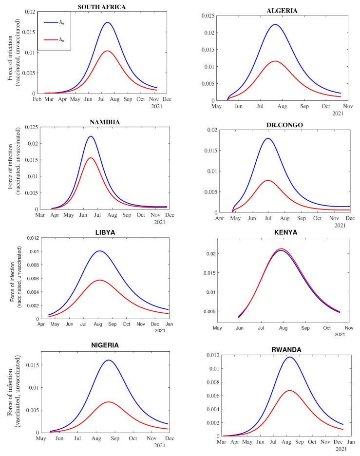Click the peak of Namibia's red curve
90,158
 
